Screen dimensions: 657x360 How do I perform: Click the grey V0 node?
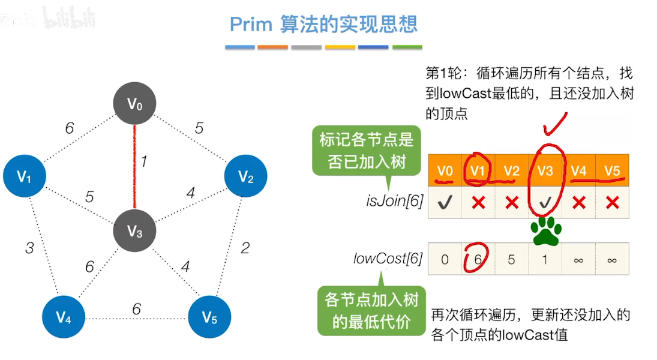click(134, 103)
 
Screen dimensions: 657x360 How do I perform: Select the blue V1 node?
click(25, 176)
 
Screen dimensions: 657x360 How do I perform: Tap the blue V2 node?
click(246, 176)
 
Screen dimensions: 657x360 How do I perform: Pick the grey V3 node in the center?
click(134, 230)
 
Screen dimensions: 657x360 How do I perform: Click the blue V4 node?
click(64, 317)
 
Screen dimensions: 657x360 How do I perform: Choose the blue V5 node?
click(209, 317)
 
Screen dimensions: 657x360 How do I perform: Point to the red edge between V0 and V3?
click(134, 167)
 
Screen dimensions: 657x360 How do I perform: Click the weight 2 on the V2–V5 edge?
click(245, 248)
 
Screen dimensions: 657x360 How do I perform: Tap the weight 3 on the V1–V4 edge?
click(29, 248)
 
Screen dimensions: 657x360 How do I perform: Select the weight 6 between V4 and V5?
click(137, 309)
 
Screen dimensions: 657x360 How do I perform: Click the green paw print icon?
click(546, 231)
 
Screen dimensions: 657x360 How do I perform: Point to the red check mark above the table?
click(555, 124)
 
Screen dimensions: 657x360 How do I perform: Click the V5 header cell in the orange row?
click(612, 170)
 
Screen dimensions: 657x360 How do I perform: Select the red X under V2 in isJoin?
click(512, 203)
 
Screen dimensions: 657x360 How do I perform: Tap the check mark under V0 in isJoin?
click(445, 203)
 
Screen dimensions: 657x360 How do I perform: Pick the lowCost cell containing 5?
click(512, 259)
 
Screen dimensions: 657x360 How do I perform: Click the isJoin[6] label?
click(395, 201)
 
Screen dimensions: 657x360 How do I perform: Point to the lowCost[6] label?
click(388, 259)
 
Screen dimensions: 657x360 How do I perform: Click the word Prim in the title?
click(251, 25)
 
